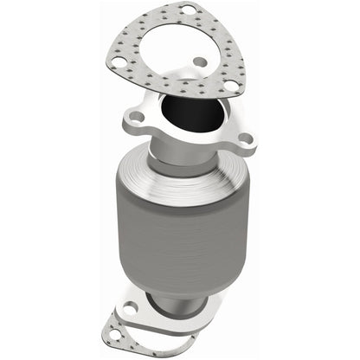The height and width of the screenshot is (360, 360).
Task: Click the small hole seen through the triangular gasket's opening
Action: tap(200, 62)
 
